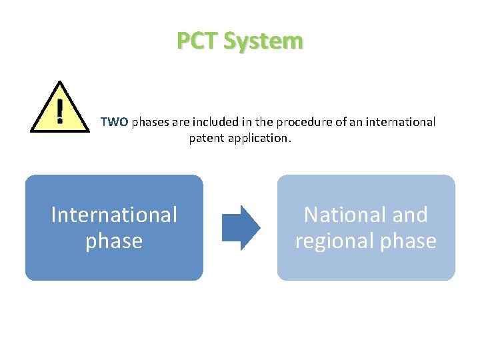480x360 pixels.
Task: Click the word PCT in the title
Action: point(197,41)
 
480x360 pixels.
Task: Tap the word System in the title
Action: point(263,41)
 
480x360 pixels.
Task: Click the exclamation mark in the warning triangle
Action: point(60,111)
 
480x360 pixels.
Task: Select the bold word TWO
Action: point(114,123)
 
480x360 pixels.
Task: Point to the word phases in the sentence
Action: point(151,123)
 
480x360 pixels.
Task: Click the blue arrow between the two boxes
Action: point(241,228)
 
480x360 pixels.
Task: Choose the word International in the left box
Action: point(114,215)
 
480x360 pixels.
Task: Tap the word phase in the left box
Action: point(114,241)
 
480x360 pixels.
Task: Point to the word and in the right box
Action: point(411,215)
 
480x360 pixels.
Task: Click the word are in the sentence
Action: point(180,123)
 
